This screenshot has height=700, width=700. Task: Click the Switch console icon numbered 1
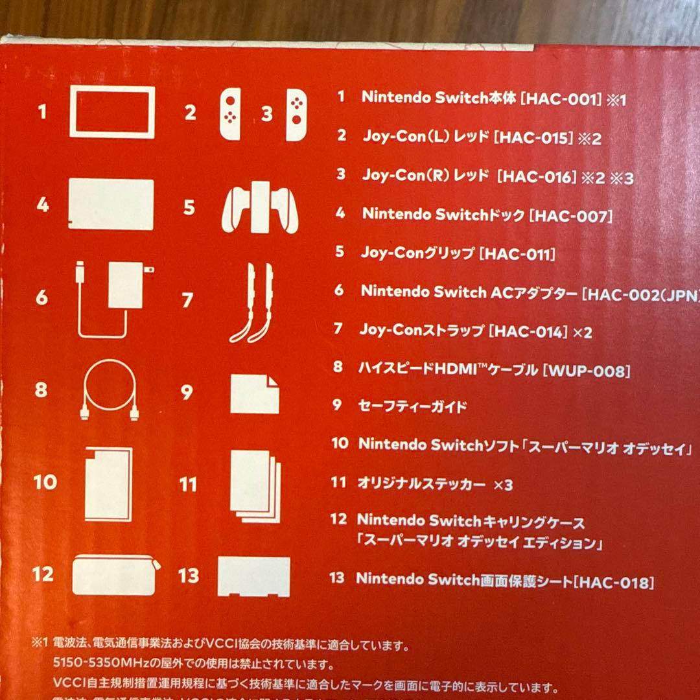[x=112, y=112]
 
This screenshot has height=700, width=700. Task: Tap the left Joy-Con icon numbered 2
[x=229, y=114]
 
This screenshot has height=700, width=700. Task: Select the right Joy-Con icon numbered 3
[x=297, y=114]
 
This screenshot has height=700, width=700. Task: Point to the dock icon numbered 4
[x=111, y=204]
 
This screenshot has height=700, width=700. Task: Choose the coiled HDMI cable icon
[x=110, y=390]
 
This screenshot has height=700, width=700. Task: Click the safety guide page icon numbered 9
[x=255, y=393]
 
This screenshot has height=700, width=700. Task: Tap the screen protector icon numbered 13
[x=254, y=576]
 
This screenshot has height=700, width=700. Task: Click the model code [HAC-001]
[x=561, y=99]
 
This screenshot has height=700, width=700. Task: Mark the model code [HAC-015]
[x=533, y=137]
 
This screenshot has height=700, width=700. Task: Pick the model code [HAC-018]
[x=613, y=581]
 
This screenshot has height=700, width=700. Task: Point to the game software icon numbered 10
[x=109, y=484]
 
